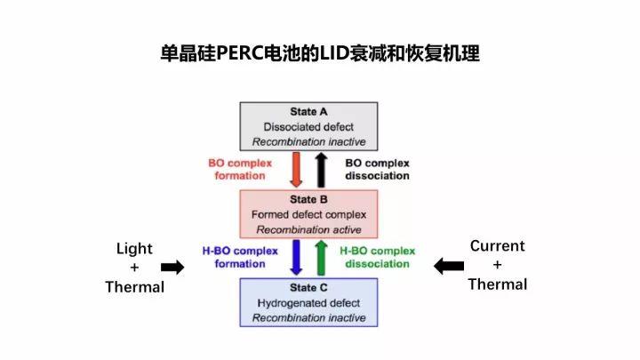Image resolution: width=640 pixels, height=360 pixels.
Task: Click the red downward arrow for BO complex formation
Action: (297, 169)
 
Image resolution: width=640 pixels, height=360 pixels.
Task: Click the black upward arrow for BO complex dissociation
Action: (321, 169)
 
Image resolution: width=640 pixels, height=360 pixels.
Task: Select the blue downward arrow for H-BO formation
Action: (297, 257)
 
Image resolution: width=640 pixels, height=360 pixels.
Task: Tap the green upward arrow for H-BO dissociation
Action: (321, 257)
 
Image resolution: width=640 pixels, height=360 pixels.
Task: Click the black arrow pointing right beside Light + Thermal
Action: (172, 267)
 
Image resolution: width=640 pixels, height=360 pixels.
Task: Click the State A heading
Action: (308, 112)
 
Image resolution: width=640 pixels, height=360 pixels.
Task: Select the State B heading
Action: (308, 200)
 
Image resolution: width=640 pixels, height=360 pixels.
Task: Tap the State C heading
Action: (308, 288)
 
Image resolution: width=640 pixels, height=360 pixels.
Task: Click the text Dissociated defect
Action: (308, 127)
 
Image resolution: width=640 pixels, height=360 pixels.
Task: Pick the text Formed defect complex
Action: (308, 215)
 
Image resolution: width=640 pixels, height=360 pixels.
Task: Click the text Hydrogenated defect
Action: (308, 303)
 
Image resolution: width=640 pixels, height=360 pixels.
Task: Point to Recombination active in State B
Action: (308, 230)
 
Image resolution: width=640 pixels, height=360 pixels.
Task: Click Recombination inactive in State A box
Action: (308, 141)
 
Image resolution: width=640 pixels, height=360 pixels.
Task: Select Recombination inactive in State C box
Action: (308, 318)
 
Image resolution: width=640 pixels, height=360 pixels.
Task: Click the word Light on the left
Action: (134, 249)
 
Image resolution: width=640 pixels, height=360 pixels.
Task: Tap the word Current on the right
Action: (497, 246)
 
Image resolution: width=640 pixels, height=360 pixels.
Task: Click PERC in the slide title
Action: (255, 53)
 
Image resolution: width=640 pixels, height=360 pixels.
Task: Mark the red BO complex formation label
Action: (240, 169)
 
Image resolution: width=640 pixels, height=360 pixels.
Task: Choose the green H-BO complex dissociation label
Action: (378, 257)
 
